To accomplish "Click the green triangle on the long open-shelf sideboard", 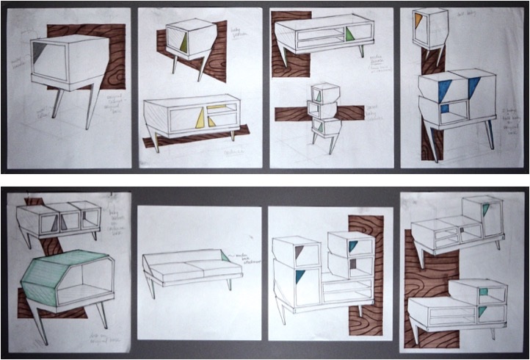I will coord(349,34).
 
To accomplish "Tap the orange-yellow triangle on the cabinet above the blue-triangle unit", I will coord(418,21).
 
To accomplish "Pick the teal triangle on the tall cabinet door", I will coord(300,276).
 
